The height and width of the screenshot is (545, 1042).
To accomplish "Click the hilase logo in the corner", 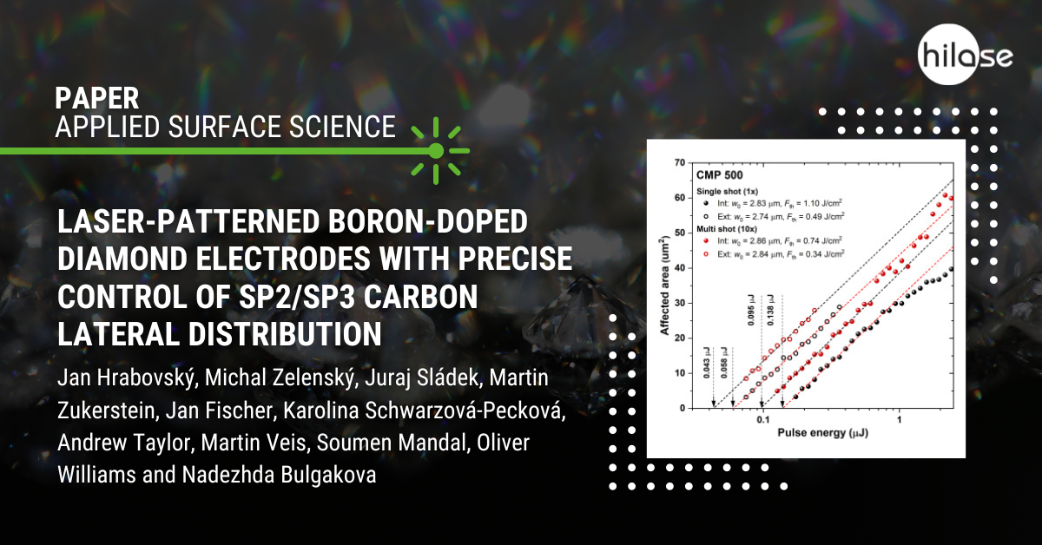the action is [x=966, y=55].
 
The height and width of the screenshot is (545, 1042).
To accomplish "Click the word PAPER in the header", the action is [x=97, y=98].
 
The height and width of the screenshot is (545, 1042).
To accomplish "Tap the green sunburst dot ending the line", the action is [x=436, y=151].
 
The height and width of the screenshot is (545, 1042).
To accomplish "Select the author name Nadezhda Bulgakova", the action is [x=279, y=475].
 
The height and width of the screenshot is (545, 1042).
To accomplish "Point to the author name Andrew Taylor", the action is [x=125, y=443].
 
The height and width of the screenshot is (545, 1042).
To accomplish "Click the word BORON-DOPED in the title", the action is [x=428, y=221].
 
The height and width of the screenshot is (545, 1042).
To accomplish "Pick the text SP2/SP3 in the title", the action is [x=297, y=297].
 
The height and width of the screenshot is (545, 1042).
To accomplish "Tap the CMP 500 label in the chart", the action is [x=719, y=175].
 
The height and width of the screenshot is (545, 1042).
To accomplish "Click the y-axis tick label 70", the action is [x=680, y=163].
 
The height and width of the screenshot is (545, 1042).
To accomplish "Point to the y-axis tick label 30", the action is [x=680, y=303].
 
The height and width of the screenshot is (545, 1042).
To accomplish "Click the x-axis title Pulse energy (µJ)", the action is [x=822, y=433].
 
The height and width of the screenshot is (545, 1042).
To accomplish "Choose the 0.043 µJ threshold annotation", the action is [x=707, y=362].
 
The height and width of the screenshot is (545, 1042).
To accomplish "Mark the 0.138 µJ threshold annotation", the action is [x=770, y=310].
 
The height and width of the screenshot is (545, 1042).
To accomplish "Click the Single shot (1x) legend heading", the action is [x=727, y=191].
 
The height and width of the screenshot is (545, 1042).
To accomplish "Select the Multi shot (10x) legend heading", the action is [x=727, y=229].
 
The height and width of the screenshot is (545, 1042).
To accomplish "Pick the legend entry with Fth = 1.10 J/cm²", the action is [x=773, y=203].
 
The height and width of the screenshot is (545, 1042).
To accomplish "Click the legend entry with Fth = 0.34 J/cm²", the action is [x=773, y=254].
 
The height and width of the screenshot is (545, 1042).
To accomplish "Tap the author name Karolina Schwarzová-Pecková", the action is [x=425, y=410].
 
